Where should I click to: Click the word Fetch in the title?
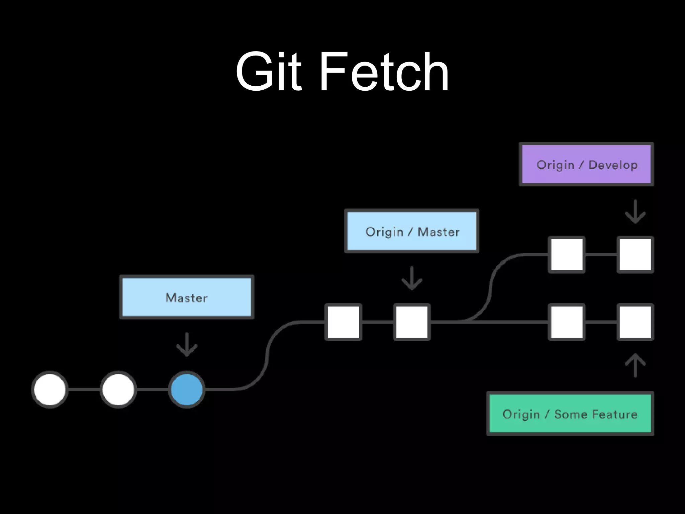(385, 72)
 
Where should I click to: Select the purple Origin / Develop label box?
(586, 164)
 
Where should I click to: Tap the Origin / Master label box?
(412, 231)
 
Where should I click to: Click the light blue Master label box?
(187, 297)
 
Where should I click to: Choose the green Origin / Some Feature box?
(570, 414)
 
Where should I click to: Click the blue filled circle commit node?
(187, 389)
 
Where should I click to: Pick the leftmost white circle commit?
(50, 389)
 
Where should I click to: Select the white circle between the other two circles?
(118, 389)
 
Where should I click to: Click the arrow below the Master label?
(187, 344)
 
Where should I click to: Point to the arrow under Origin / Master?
(412, 278)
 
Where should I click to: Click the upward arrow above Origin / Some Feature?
(635, 365)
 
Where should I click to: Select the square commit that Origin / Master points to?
(412, 322)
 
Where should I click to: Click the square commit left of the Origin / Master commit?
(344, 322)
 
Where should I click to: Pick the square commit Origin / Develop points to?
(635, 254)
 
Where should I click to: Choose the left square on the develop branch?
(567, 254)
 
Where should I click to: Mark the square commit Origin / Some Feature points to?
(635, 322)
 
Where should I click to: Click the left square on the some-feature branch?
(567, 322)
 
